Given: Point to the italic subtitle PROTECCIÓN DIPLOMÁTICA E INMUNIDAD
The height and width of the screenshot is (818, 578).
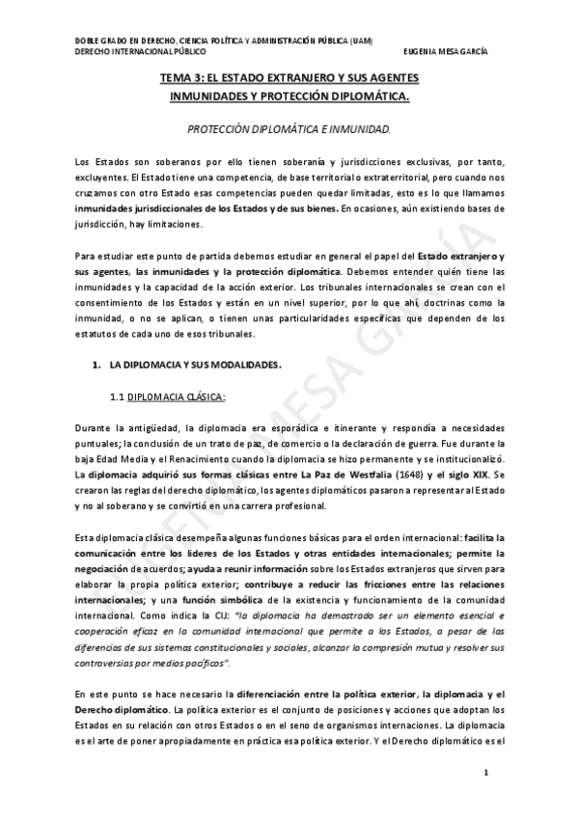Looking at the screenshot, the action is pyautogui.click(x=289, y=127).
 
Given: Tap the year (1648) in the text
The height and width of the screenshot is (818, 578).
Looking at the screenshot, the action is pyautogui.click(x=361, y=476).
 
